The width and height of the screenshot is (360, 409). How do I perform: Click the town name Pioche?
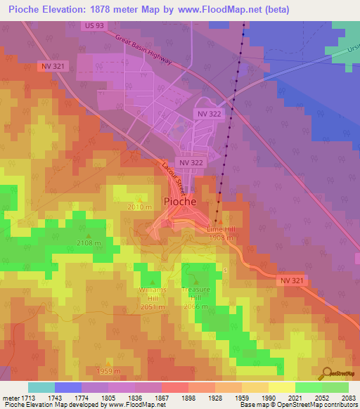(x=185, y=201)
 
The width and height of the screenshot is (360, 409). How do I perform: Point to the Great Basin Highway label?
(x=143, y=51)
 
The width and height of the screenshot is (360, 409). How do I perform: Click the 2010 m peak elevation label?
(x=139, y=207)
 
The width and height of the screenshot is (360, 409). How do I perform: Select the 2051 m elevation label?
(x=153, y=306)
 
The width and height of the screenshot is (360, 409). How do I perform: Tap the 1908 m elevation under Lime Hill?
(x=221, y=238)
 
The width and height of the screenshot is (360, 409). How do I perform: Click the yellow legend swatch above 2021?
(x=281, y=387)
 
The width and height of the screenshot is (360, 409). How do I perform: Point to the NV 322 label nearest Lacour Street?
(x=191, y=162)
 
